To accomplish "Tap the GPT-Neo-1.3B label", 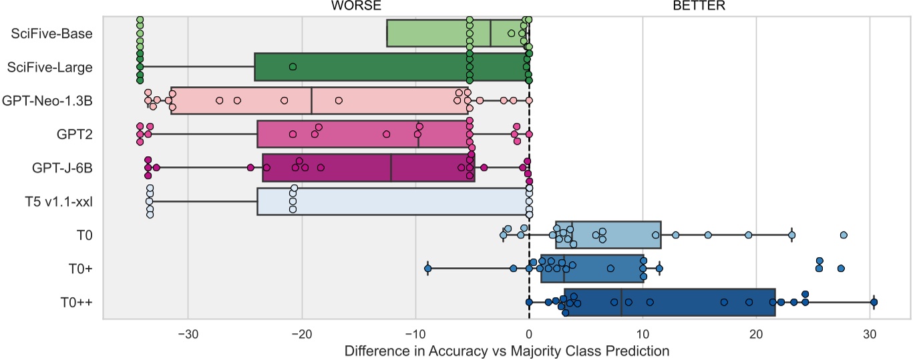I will [47, 100].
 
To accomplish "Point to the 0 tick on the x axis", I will [529, 332].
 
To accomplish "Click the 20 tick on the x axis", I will [756, 332].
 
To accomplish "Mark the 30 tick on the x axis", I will [870, 332].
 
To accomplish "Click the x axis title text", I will [507, 349].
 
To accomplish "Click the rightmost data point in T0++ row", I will [874, 303].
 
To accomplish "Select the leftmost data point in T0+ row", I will [427, 268].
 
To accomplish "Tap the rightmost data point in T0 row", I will [844, 235].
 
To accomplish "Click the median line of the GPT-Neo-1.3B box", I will [312, 100].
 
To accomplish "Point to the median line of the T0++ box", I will [621, 303].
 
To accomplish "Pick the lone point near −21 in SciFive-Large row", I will [293, 67].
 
